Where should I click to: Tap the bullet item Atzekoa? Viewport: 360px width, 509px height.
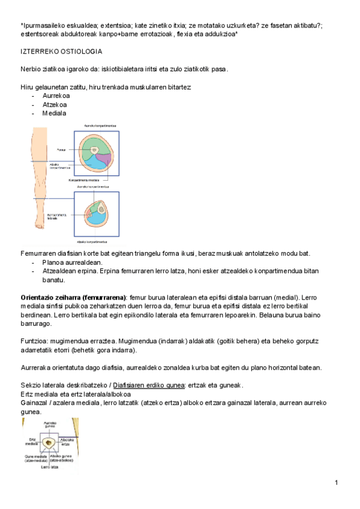pos(54,104)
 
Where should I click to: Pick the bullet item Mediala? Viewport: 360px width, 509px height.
pos(54,113)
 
